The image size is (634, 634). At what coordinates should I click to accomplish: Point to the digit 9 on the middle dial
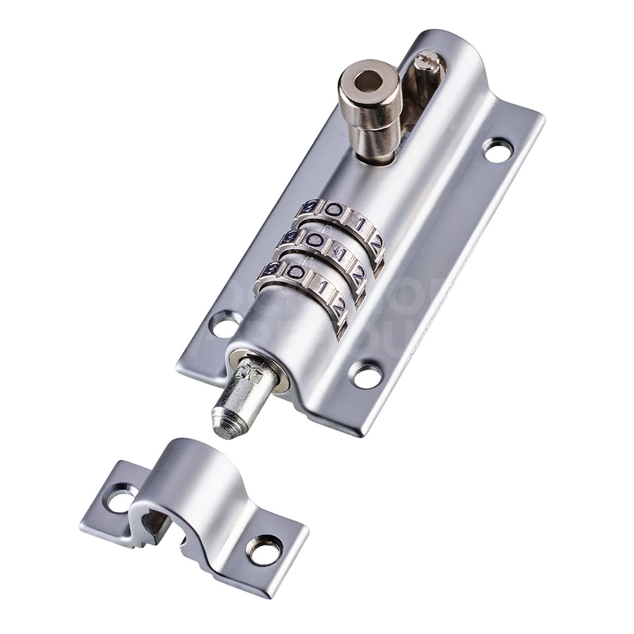coord(290,237)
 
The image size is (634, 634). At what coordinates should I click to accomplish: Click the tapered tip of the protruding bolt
coord(226,423)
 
